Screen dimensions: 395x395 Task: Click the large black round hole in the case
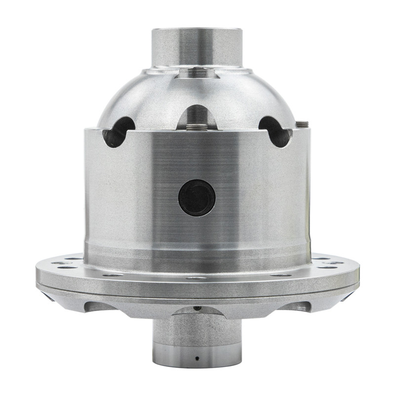(197, 197)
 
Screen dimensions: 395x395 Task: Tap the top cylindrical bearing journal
(197, 47)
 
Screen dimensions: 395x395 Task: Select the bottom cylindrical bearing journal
(197, 341)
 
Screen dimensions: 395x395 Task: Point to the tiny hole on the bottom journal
(197, 358)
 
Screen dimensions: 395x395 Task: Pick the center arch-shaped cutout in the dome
(197, 116)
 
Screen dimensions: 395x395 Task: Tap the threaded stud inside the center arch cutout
(197, 127)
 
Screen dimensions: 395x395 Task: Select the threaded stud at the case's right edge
(303, 124)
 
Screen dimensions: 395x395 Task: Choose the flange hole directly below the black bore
(197, 277)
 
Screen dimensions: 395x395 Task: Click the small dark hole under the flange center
(197, 308)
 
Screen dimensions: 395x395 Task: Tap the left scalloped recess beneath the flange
(99, 307)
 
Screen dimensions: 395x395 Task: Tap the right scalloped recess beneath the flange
(296, 307)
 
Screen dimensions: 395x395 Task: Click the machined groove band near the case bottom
(197, 247)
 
